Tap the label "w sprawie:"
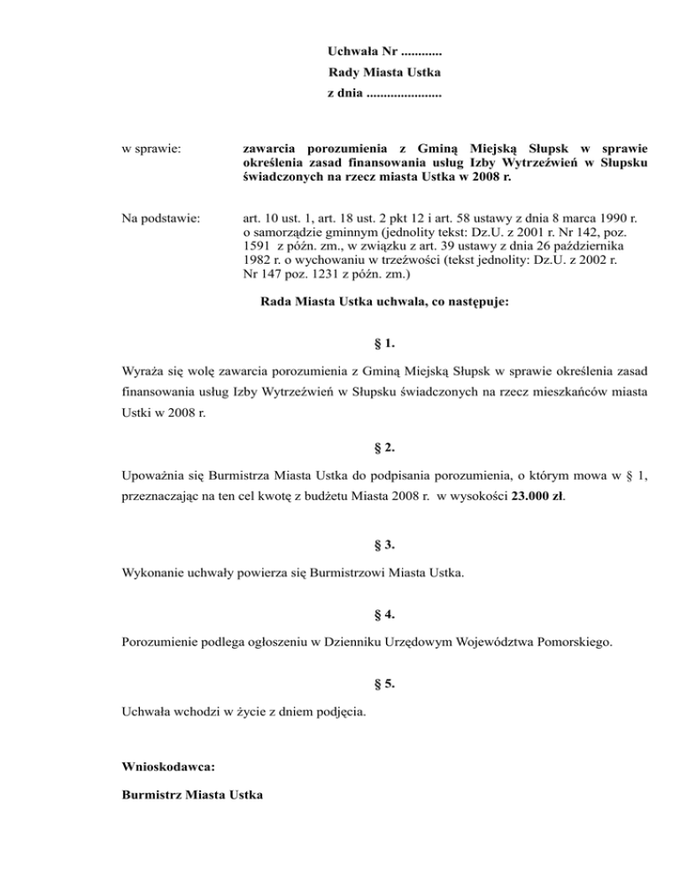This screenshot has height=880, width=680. click(151, 146)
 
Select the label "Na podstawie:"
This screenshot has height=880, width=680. click(159, 217)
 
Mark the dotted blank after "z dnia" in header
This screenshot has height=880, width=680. click(404, 92)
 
